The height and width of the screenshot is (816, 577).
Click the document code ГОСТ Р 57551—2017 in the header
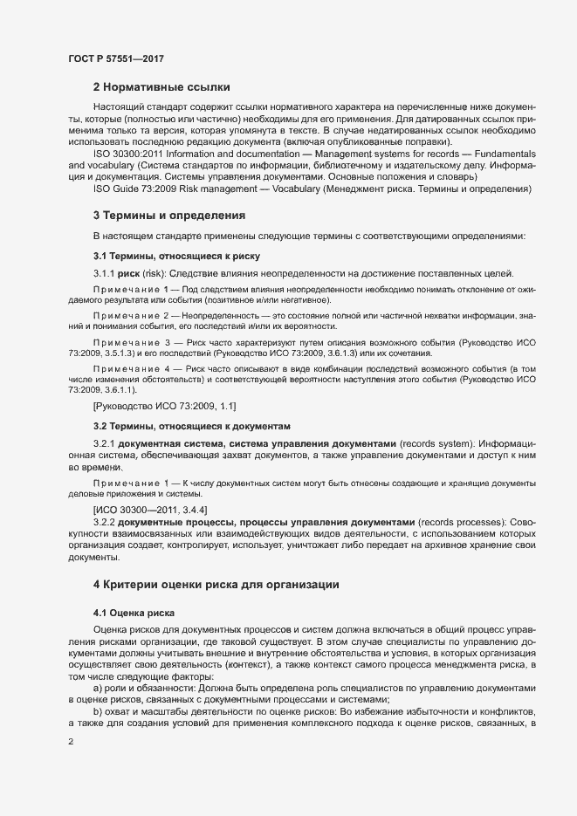click(115, 58)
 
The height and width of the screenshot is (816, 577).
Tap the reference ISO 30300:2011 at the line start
click(126, 153)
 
